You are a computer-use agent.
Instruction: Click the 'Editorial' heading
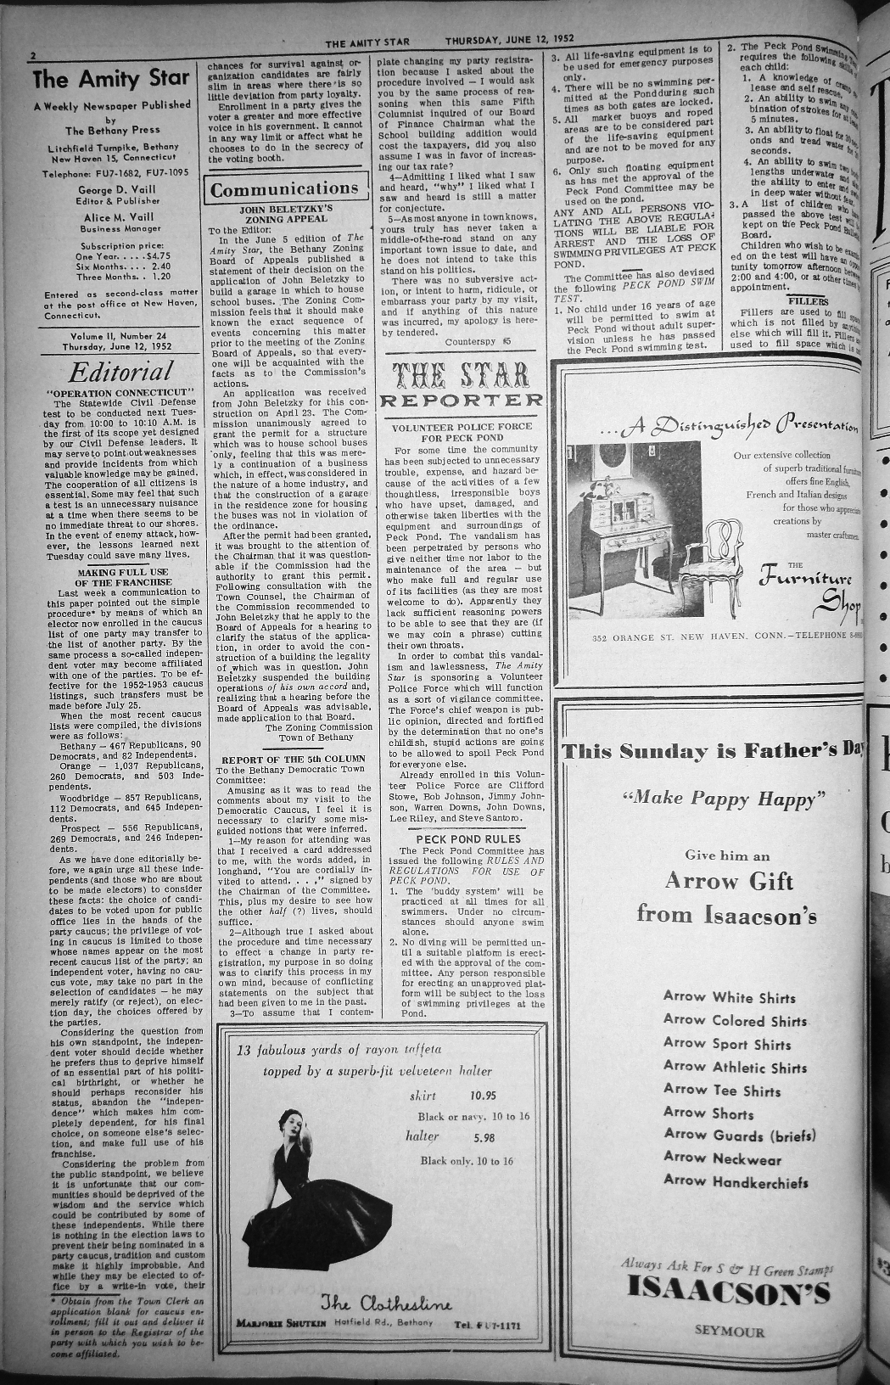[x=120, y=372]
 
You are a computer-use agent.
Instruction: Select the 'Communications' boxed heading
[x=284, y=188]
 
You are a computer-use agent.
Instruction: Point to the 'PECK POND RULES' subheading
[x=462, y=838]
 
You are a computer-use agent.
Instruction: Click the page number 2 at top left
[x=32, y=57]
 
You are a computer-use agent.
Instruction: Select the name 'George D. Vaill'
[x=119, y=189]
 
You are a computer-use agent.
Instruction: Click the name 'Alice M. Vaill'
[x=120, y=216]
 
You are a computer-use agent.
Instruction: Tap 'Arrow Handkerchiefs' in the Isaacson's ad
[x=736, y=1181]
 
